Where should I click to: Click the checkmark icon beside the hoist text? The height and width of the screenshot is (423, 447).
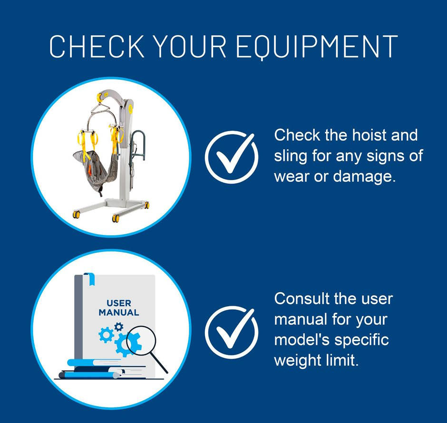[x=232, y=157]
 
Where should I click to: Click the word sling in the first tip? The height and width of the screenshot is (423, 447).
[x=288, y=156]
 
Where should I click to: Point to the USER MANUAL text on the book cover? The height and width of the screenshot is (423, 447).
[x=118, y=308]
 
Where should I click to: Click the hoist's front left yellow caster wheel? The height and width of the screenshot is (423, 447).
[x=75, y=214]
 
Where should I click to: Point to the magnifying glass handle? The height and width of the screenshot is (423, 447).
[x=161, y=365]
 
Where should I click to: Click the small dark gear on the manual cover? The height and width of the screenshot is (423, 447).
[x=119, y=327]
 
